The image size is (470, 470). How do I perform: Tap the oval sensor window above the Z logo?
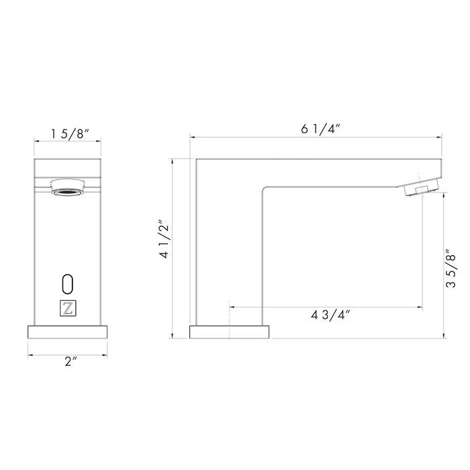tap(67, 282)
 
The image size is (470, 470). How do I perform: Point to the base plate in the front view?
tap(67, 332)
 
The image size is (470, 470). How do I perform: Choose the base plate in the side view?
tap(230, 332)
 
